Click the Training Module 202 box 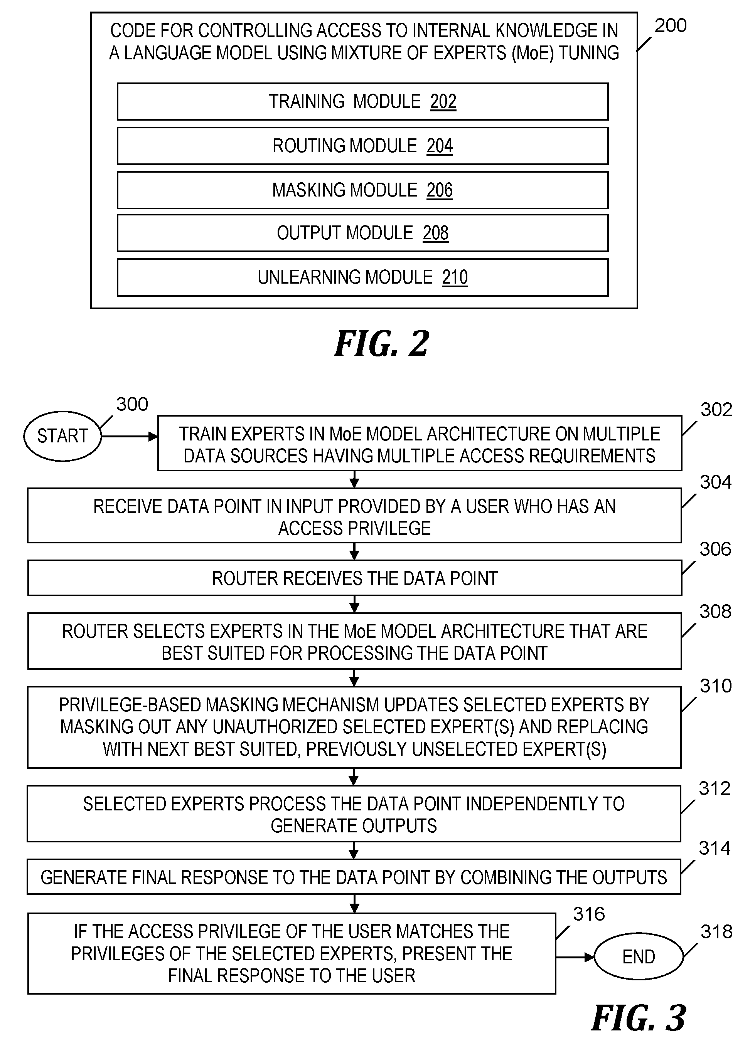point(362,101)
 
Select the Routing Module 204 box point(362,146)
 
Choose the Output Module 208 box point(362,233)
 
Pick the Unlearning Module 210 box point(362,277)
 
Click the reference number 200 point(671,26)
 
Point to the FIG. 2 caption point(382,344)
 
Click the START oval point(62,436)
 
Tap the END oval point(639,957)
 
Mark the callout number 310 point(715,686)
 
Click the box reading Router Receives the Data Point point(354,578)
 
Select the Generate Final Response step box point(354,877)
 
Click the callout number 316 point(588,914)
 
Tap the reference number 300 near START point(132,404)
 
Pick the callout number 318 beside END point(716,932)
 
